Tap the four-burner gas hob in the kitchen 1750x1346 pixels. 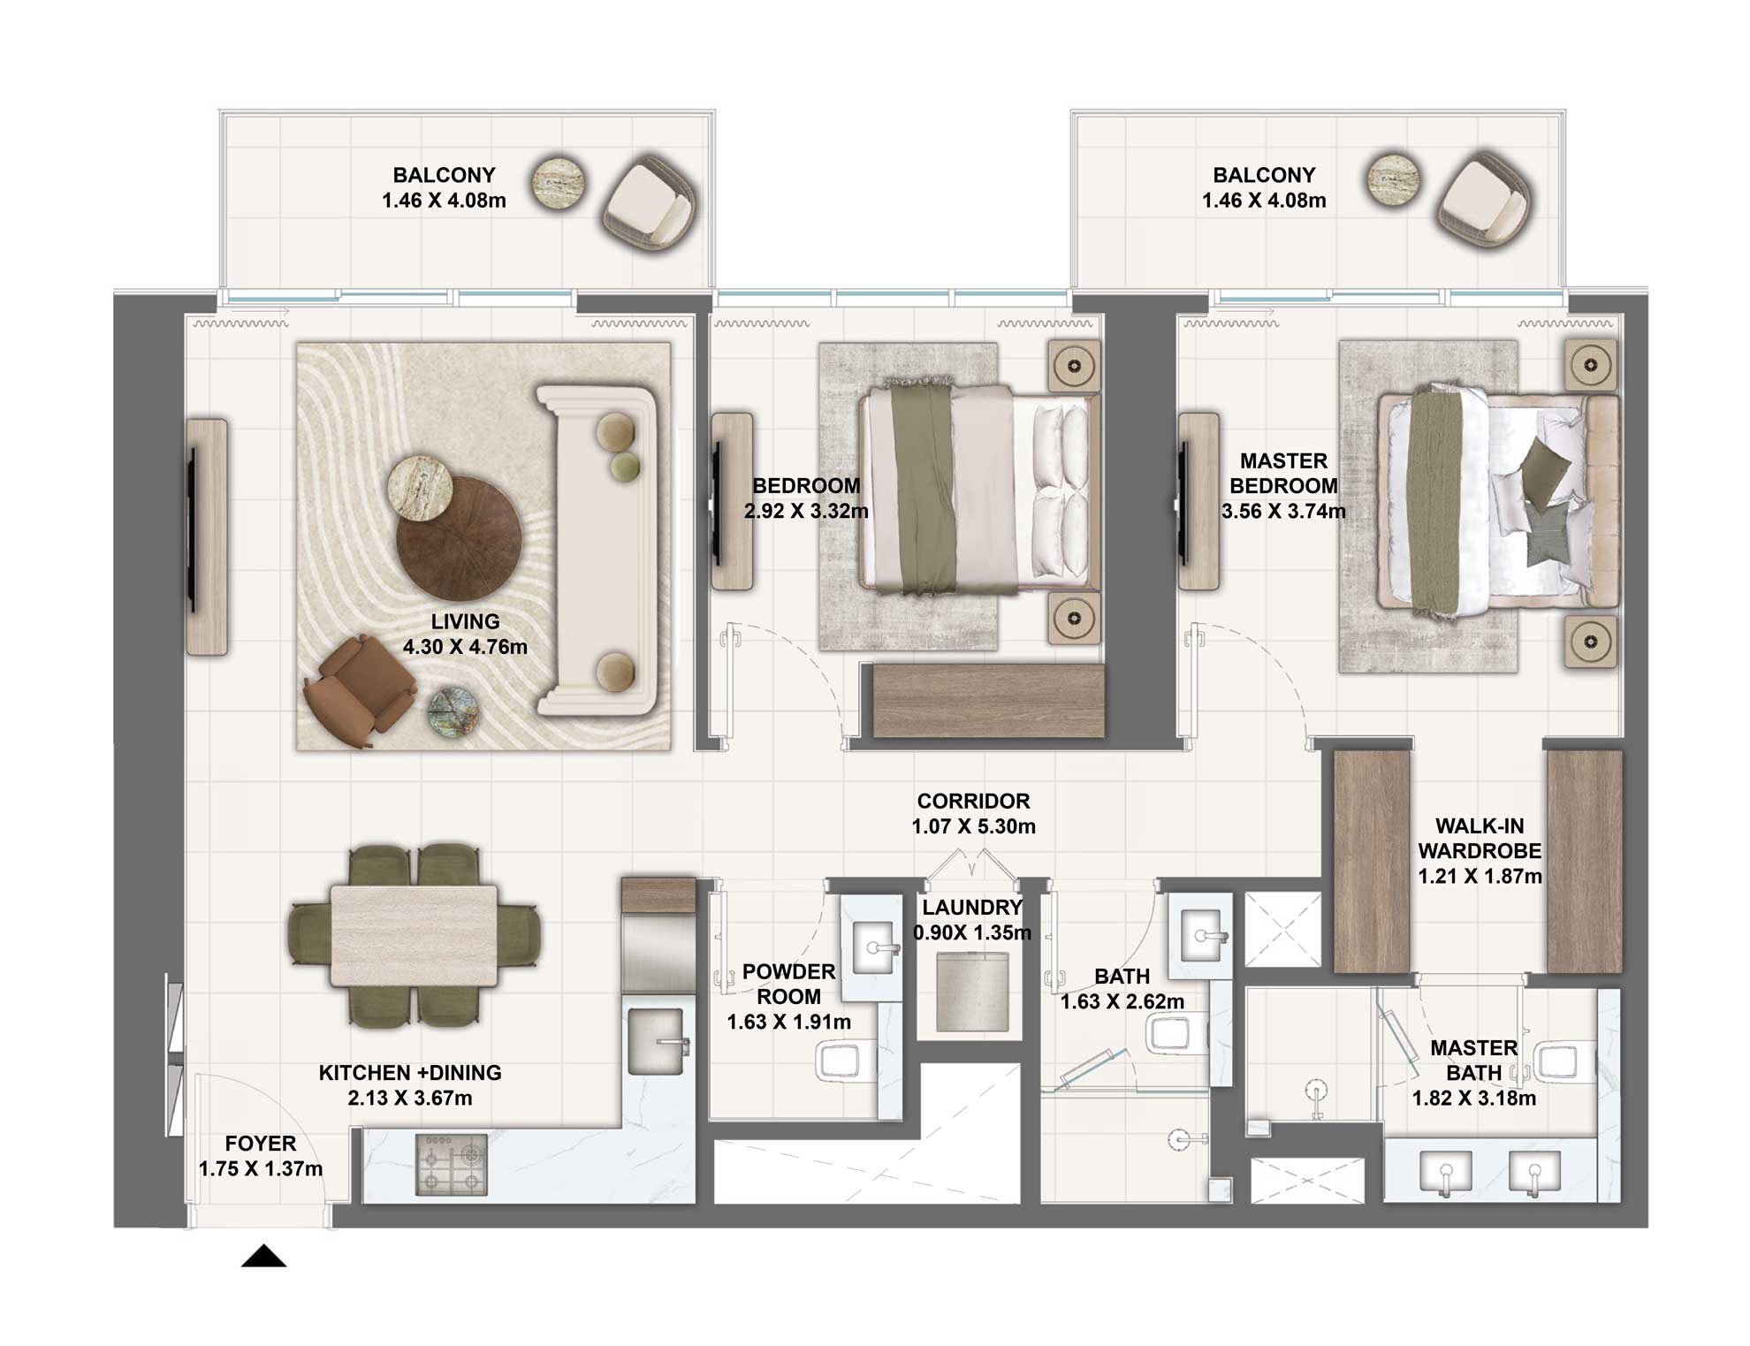[451, 1165]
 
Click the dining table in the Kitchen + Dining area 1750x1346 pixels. [414, 935]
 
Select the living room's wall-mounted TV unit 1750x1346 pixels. [207, 536]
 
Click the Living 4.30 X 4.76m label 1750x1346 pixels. [465, 635]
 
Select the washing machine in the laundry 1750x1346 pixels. [971, 989]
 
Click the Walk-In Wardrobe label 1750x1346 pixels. [1480, 850]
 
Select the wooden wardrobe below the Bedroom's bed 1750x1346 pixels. [987, 701]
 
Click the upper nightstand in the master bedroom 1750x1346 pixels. [1590, 365]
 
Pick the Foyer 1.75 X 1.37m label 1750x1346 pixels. [261, 1156]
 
